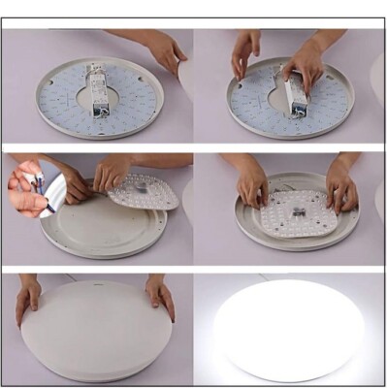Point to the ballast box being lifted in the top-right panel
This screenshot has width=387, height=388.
click(294, 92)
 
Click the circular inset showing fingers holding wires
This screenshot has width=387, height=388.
click(32, 189)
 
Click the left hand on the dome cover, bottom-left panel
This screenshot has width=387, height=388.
click(28, 297)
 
